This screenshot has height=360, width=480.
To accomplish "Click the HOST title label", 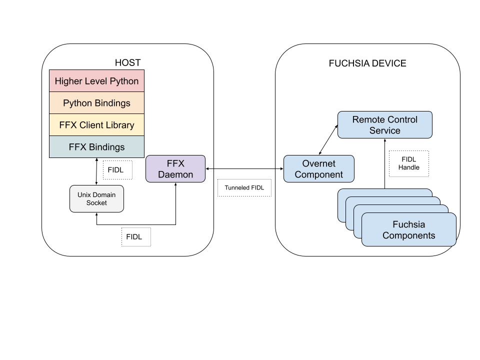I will (x=127, y=62).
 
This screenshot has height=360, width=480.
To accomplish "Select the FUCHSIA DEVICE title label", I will (x=367, y=63).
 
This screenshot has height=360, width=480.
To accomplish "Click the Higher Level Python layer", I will (x=96, y=81).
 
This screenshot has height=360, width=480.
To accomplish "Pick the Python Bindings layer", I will (x=96, y=103).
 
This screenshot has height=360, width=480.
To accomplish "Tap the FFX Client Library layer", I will (x=96, y=125).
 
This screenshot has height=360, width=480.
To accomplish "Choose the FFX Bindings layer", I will (x=96, y=147).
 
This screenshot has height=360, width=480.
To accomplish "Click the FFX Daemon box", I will (x=175, y=169).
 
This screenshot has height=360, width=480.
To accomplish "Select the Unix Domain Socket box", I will (x=96, y=198).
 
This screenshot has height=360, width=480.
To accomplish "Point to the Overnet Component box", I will (x=318, y=169).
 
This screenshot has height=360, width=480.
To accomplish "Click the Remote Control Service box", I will (x=384, y=125).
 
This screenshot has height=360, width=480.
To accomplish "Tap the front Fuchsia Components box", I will (x=408, y=229).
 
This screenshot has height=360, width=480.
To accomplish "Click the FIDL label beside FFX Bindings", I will (x=117, y=170).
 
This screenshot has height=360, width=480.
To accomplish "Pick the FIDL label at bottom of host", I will (x=135, y=237).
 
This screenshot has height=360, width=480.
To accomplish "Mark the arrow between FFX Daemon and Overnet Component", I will (x=244, y=169).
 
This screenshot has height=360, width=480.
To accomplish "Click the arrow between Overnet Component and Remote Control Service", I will (x=328, y=140).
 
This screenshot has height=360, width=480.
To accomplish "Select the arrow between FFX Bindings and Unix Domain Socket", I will (x=96, y=171).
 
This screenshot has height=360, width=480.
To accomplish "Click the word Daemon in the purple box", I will (x=175, y=174).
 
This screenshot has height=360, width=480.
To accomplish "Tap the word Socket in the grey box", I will (x=96, y=203).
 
